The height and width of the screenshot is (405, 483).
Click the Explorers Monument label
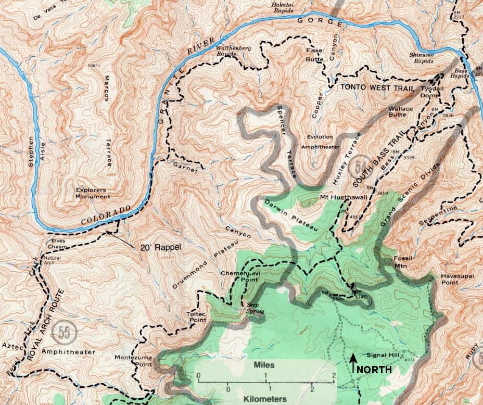[93, 193]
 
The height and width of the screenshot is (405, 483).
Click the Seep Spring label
[256, 308]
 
